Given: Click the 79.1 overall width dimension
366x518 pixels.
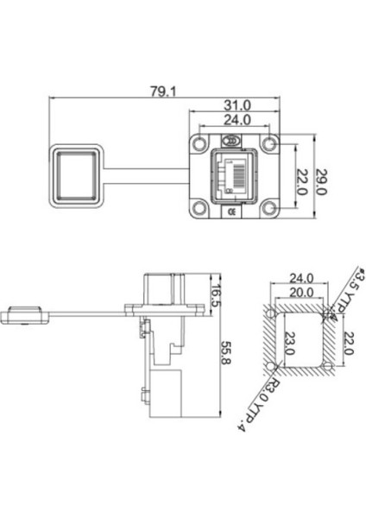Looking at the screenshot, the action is point(164,92).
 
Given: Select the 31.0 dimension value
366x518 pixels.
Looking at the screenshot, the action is point(237,105).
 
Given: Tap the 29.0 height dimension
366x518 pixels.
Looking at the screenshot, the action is point(321,181).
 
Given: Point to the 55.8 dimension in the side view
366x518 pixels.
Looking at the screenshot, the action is point(225,352).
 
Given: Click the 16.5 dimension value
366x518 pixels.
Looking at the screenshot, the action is point(217,295).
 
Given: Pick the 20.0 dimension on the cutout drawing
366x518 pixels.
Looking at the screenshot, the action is point(301,292).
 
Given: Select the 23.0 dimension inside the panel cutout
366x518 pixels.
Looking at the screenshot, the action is point(289,343).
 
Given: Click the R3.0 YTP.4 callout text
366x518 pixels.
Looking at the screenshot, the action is point(260,404).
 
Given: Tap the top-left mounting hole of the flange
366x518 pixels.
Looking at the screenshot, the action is point(199,143).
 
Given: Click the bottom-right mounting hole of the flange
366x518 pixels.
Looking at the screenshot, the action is point(270,208).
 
